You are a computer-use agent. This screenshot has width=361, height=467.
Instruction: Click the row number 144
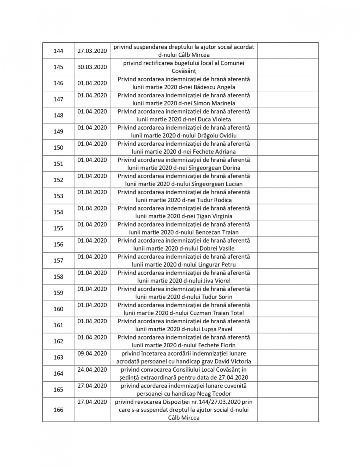58,51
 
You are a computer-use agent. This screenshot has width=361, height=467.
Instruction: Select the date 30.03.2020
92,67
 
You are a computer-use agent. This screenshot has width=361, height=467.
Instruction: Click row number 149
58,132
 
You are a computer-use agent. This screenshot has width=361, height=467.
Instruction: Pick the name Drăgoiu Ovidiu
216,136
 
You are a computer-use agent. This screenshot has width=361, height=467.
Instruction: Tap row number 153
58,196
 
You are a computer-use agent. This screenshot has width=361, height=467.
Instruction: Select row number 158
58,277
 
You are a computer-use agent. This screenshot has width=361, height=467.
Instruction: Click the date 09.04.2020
92,354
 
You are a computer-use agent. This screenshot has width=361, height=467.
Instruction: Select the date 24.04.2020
92,370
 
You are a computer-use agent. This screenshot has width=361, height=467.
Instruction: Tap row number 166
58,410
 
